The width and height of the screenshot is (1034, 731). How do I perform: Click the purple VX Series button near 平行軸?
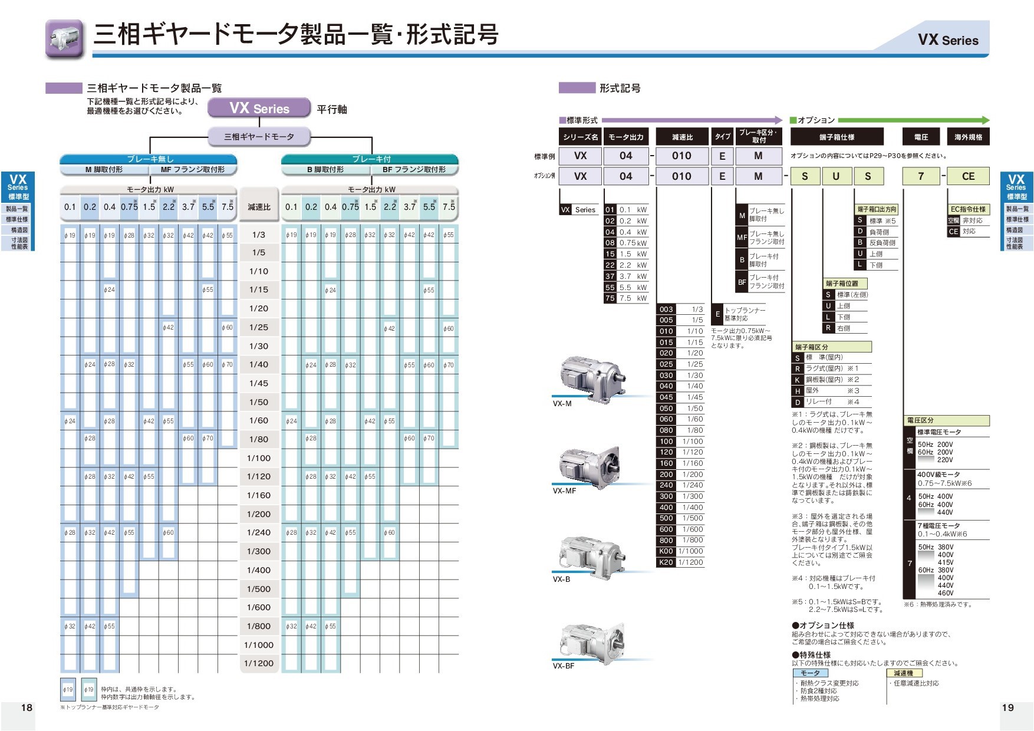(259, 108)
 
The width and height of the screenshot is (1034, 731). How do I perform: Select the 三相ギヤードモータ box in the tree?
(259, 137)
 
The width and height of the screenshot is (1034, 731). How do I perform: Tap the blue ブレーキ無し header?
(149, 159)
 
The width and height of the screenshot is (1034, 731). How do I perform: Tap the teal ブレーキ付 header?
(370, 159)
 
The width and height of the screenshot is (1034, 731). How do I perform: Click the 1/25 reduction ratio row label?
(259, 327)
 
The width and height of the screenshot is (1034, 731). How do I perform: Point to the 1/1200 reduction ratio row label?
(259, 663)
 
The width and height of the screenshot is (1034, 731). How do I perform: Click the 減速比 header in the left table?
(259, 207)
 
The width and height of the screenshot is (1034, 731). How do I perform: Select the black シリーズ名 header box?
(580, 137)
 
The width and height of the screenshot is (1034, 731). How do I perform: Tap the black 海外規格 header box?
(968, 137)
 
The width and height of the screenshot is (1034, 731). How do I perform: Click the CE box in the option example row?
(968, 176)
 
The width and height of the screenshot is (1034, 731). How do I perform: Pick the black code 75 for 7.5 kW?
(610, 298)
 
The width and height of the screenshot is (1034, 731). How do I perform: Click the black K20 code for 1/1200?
(666, 562)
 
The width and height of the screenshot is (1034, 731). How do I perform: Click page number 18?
(27, 707)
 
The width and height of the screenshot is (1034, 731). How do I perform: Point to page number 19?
(1007, 707)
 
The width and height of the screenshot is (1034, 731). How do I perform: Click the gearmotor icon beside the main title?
(64, 39)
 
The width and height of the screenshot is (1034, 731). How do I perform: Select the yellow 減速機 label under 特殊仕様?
(903, 673)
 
